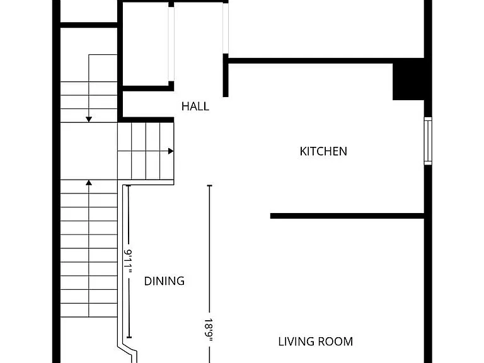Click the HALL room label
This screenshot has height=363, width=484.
pos(195,107)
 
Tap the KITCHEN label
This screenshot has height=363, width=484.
pos(323,151)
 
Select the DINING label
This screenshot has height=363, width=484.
pos(164,281)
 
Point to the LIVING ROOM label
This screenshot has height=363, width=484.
pos(316,342)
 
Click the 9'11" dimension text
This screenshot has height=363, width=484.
pos(129,261)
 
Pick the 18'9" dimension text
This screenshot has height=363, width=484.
pos(209,330)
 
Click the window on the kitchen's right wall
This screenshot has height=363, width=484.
pos(428,141)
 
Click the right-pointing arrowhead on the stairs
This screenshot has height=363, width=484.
pos(171,151)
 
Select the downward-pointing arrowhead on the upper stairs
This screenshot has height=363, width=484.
pos(89,120)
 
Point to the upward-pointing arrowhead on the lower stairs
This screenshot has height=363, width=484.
pos(89,183)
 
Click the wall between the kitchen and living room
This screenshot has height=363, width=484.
pos(347,216)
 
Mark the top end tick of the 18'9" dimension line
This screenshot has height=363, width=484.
pos(210,185)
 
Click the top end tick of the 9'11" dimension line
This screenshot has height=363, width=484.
pos(129,185)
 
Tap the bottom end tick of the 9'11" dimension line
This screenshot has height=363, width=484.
pos(129,337)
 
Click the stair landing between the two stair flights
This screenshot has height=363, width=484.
pos(89,151)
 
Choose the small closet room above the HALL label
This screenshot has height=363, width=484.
pos(146,44)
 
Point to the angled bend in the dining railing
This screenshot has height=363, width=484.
pos(127,349)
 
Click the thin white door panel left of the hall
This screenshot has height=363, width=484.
pos(171,44)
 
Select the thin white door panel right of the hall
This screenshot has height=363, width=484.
pos(226,28)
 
